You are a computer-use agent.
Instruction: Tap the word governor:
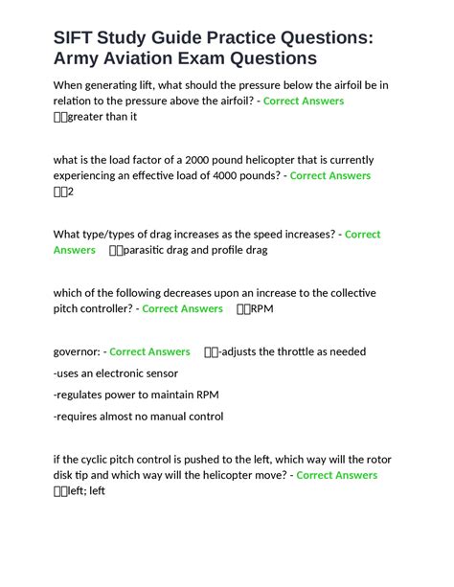[x=78, y=351]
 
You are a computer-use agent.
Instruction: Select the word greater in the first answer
[x=94, y=117]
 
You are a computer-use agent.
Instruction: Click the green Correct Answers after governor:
[x=150, y=351]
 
